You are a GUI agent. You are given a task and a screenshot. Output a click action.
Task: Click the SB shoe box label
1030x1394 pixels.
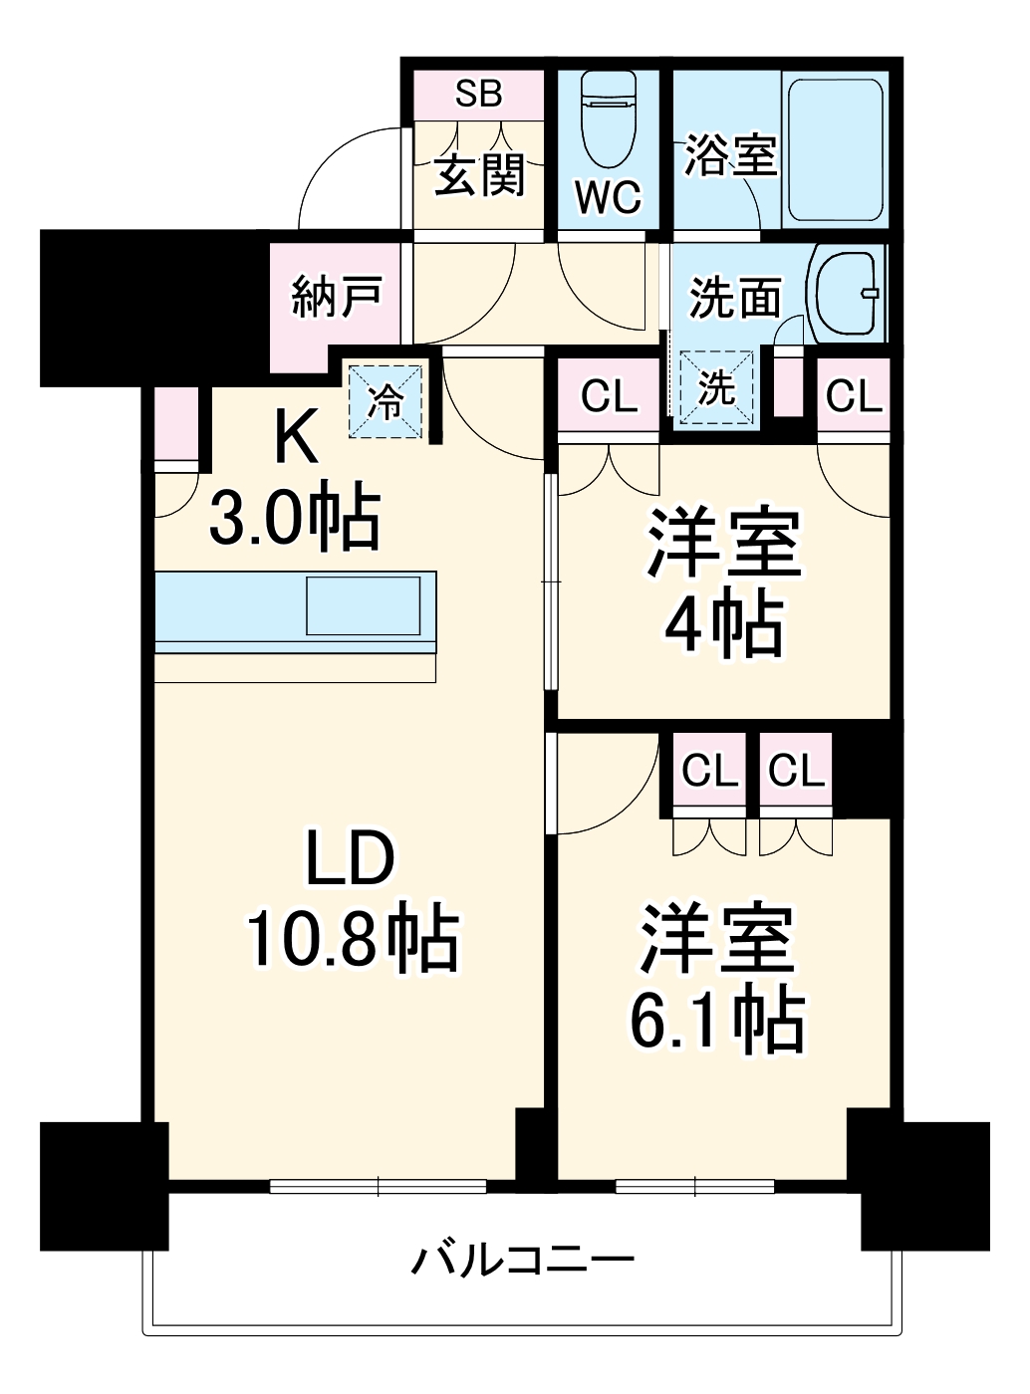point(478,94)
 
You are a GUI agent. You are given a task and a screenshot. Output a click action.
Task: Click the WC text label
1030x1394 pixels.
point(608,197)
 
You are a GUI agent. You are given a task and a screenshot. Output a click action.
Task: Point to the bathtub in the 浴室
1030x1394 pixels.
point(836,149)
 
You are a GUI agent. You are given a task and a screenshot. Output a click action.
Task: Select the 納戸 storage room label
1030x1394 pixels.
point(336,296)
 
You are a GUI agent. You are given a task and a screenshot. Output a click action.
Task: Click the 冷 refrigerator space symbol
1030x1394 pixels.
point(386,400)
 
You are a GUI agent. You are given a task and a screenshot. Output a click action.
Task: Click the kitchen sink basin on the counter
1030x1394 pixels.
point(363,604)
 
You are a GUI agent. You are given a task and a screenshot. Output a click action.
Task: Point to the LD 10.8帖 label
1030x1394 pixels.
point(351,901)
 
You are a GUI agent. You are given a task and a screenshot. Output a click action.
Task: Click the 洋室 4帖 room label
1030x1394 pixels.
point(724,582)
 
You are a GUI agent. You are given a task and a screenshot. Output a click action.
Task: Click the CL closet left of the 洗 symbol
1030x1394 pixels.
point(609,396)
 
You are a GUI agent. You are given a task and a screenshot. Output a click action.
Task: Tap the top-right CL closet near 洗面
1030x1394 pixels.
point(854,396)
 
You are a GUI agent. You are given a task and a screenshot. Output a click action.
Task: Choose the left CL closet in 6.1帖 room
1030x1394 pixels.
point(709,770)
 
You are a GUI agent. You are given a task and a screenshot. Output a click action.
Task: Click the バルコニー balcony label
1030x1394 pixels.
point(523,1261)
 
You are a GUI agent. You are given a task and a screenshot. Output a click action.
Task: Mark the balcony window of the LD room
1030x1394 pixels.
point(378,1186)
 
